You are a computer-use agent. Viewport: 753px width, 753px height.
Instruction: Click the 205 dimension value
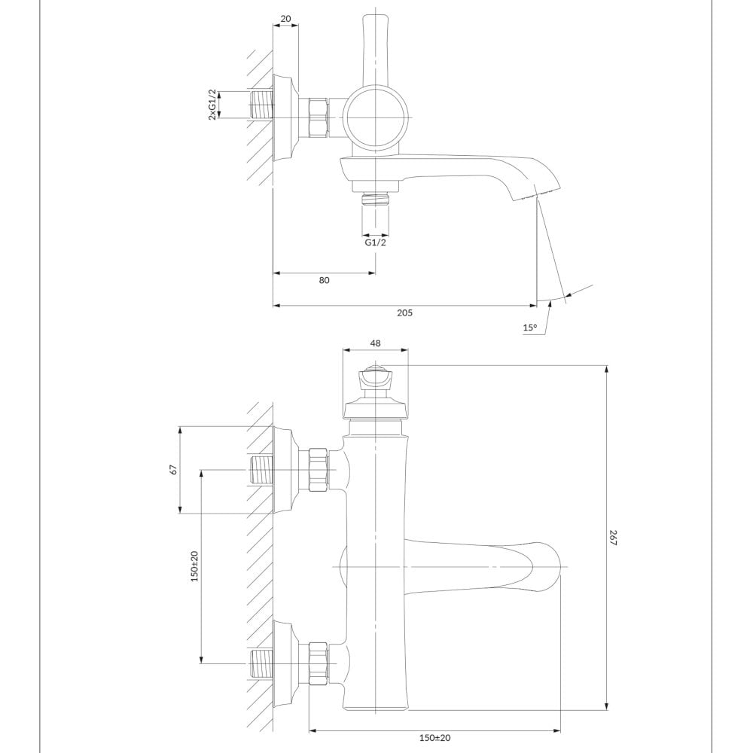pos(404,313)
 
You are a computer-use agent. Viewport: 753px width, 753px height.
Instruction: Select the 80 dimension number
pos(324,280)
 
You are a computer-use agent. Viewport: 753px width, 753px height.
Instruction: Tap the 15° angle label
pos(529,328)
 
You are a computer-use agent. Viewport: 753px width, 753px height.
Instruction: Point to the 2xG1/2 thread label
pos(212,105)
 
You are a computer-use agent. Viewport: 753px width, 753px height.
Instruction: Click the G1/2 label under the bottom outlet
pos(375,242)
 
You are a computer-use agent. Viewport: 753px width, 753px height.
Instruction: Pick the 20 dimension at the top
pos(285,19)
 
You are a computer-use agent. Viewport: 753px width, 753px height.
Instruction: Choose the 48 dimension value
pos(376,343)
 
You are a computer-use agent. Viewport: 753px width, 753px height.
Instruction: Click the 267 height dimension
pos(613,538)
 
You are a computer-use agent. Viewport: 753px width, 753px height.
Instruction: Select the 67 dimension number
pos(174,469)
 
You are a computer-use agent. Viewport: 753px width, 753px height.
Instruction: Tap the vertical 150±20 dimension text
pos(194,567)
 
